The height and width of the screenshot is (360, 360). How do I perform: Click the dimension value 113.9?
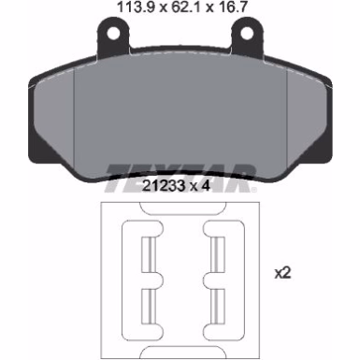136,7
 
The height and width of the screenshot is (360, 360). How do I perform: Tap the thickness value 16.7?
232,7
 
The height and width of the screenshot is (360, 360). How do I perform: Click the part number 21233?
164,186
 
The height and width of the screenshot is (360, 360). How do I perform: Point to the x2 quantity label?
282,273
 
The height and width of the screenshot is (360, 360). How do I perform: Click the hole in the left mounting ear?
113,33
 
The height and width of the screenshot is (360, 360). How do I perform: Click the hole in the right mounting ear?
247,34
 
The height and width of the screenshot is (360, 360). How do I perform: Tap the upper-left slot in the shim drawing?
149,255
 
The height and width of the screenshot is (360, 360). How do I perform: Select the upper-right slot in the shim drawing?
218,255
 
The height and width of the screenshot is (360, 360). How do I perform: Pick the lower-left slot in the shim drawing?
149,307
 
